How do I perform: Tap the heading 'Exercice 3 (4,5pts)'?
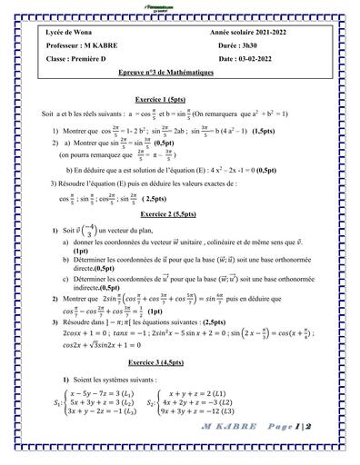[x=178, y=361]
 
